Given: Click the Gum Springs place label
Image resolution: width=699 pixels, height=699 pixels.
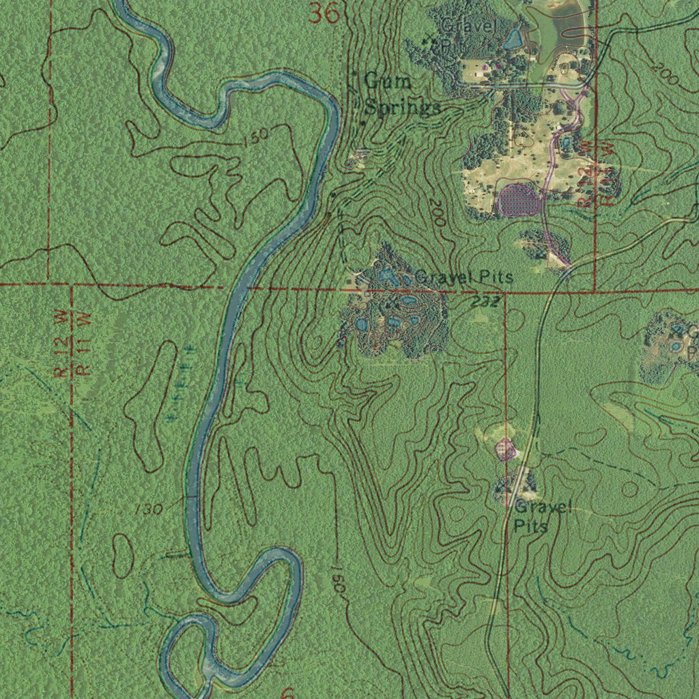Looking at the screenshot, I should tap(397, 94).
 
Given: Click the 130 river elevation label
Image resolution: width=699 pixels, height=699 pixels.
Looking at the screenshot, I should tap(148, 509).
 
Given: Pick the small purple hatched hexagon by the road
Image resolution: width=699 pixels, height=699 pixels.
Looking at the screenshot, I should tap(505, 448).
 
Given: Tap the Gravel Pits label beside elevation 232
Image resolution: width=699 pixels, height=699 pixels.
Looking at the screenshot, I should tap(464, 277).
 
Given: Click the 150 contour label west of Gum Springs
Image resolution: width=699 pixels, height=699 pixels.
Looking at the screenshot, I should tap(255, 141).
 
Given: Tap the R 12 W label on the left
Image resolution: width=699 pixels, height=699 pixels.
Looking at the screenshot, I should tap(62, 345).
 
